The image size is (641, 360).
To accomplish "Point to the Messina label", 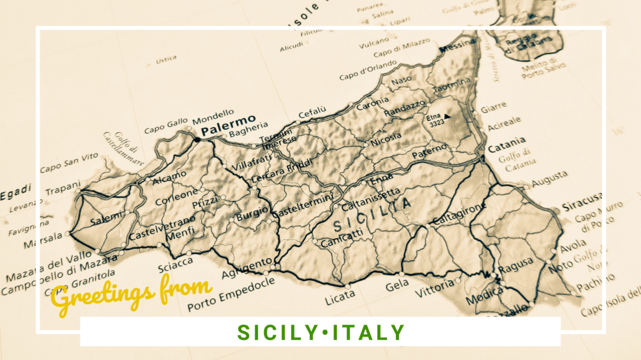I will [457, 48].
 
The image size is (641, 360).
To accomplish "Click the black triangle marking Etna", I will [447, 116].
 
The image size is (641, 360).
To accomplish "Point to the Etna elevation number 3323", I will [435, 124].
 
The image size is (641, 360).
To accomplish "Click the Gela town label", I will [397, 286].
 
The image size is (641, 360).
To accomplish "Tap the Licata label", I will [340, 294].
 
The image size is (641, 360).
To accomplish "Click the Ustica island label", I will [166, 58].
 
